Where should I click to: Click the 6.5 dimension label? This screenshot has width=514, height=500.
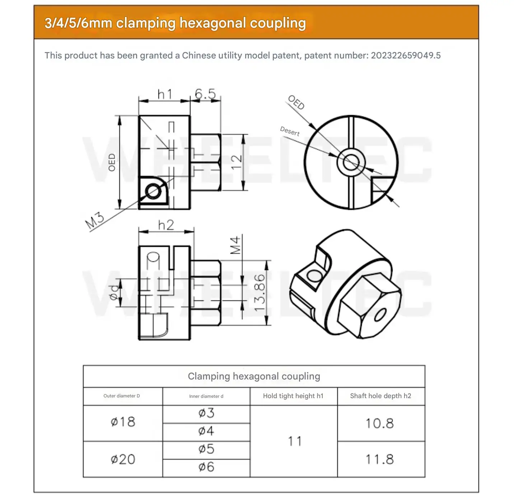[x=205, y=94]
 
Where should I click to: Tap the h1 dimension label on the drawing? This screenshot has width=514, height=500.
[x=164, y=94]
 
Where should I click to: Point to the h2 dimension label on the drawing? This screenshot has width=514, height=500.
[x=166, y=225]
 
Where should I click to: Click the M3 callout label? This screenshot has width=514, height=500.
[x=94, y=221]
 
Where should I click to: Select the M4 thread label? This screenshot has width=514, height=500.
[x=235, y=245]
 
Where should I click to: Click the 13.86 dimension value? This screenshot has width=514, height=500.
[x=260, y=292]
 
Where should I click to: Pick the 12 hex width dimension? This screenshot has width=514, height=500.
[x=236, y=162]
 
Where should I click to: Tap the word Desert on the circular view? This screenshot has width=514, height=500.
[x=290, y=131]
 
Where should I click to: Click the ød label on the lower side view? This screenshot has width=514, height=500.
[x=114, y=292]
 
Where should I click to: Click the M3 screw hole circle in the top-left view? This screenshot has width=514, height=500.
[x=153, y=192]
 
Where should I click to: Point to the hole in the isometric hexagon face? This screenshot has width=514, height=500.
[x=380, y=315]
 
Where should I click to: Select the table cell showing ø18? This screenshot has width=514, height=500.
[x=123, y=422]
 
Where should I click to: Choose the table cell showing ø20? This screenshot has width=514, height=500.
[x=123, y=459]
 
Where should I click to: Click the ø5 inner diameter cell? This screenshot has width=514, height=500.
[x=206, y=449]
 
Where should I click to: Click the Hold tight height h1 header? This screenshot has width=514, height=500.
[x=293, y=396]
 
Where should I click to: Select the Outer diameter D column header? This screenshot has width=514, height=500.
[x=122, y=396]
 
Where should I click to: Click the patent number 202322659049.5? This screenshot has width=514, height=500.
[x=406, y=56]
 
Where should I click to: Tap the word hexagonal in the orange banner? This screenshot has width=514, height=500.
[x=213, y=23]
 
